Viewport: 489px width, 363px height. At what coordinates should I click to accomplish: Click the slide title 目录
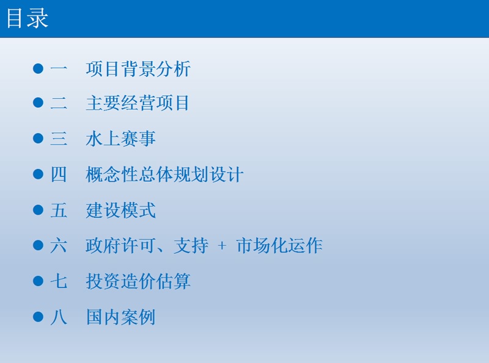tap(28, 18)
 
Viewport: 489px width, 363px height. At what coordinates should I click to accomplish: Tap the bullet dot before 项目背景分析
tap(38, 68)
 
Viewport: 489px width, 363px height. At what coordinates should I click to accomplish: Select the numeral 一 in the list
tap(59, 68)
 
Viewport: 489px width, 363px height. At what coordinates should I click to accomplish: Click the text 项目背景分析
tap(138, 69)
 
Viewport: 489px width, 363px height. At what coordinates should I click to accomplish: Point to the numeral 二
tap(59, 102)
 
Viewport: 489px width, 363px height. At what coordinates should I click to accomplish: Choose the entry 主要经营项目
tap(138, 103)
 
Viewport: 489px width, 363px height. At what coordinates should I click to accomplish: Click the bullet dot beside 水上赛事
tap(38, 138)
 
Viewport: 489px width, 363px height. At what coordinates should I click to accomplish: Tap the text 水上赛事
tap(120, 138)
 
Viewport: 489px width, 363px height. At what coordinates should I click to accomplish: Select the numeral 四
tap(59, 174)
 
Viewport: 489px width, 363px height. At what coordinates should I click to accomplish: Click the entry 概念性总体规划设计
tap(164, 174)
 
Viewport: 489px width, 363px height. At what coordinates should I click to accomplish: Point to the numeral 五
tap(59, 210)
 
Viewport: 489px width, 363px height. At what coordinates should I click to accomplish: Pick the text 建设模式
tap(120, 210)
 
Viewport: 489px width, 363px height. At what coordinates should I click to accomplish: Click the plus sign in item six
tap(222, 246)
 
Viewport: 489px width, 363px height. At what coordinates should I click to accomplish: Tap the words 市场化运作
tap(279, 246)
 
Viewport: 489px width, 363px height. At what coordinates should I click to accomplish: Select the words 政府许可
tap(120, 246)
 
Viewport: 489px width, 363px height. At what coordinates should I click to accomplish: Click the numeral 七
tap(59, 281)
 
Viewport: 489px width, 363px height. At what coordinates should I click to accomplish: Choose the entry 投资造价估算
tap(138, 281)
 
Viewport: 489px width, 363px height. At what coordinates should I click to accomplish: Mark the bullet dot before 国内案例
tap(38, 317)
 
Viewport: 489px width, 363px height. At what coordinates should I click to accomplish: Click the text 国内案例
tap(120, 317)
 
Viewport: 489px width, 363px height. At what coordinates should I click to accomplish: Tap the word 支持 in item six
tap(191, 246)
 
